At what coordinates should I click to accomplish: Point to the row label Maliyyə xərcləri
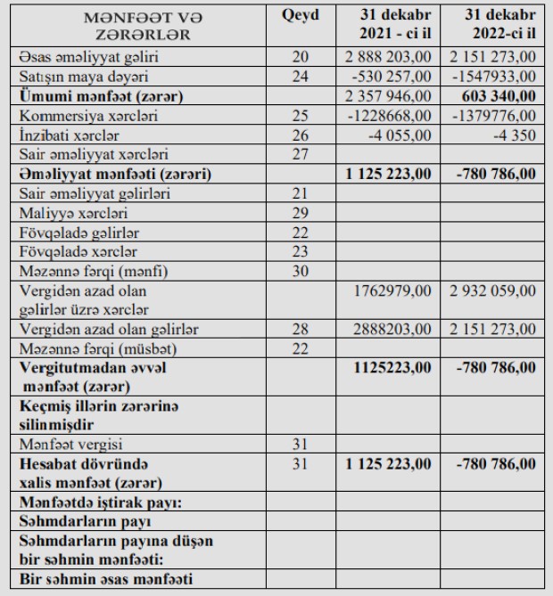click(61, 213)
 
